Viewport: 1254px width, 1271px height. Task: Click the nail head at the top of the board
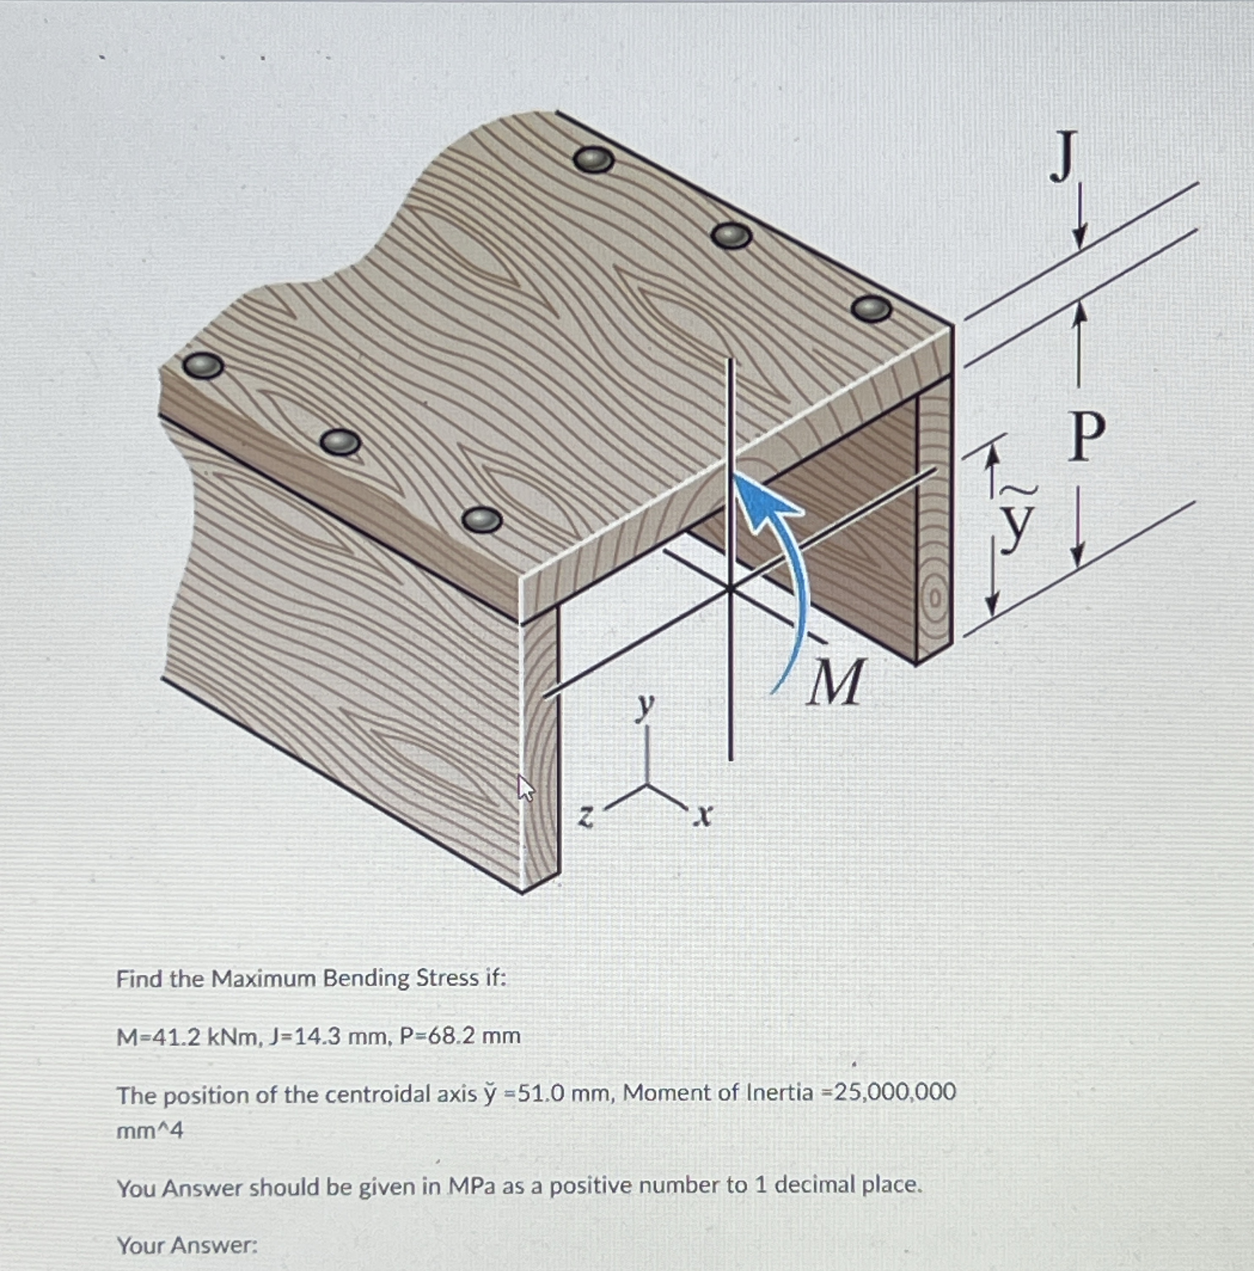pos(594,159)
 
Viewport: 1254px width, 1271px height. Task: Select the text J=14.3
pos(305,1037)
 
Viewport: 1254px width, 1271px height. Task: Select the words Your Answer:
pos(187,1245)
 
